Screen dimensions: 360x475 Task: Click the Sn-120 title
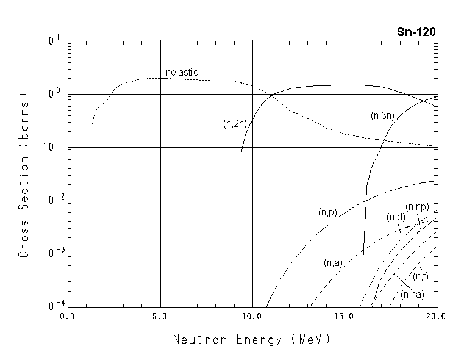[416, 32]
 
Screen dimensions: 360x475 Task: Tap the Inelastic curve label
[180, 73]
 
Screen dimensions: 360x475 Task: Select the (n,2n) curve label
[235, 124]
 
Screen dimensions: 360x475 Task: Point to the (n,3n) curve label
[383, 116]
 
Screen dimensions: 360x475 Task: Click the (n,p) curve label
[327, 213]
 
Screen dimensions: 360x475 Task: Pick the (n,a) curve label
[333, 263]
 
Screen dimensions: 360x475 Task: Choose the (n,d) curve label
[396, 217]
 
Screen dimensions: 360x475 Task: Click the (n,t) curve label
[420, 277]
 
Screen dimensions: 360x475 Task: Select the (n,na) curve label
[413, 295]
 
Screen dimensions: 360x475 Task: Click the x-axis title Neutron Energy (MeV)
[252, 339]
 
